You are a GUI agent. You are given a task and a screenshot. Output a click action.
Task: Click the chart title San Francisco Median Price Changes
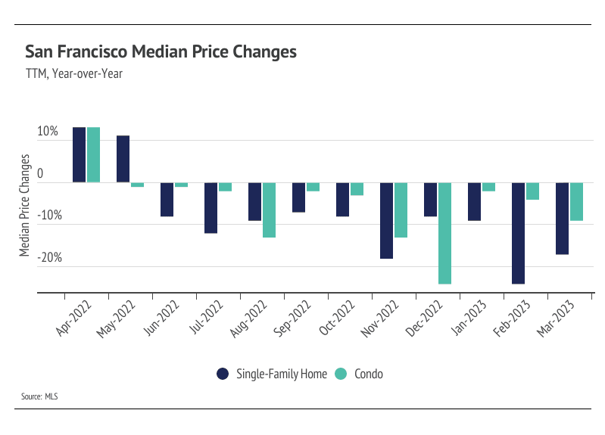pos(161,51)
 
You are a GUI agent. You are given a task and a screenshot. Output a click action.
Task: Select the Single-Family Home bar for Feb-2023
pos(519,233)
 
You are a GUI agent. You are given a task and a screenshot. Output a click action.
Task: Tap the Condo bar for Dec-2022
pos(445,233)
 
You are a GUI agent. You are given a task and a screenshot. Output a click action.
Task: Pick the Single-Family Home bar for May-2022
pos(123,159)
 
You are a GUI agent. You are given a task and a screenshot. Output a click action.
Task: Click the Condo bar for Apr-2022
pos(93,154)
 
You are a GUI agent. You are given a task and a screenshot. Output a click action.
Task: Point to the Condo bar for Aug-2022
pos(269,210)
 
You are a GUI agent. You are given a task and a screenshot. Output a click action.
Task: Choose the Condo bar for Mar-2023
pos(577,201)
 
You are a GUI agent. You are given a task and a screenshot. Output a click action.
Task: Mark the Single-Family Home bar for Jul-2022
pos(211,207)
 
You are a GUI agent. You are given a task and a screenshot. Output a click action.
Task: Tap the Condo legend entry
pos(363,374)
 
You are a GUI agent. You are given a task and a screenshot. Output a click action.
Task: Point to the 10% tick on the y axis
pos(47,132)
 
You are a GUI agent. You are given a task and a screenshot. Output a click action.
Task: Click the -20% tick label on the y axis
pos(45,258)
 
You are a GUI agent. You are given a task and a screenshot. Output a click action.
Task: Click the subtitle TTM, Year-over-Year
pos(74,74)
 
